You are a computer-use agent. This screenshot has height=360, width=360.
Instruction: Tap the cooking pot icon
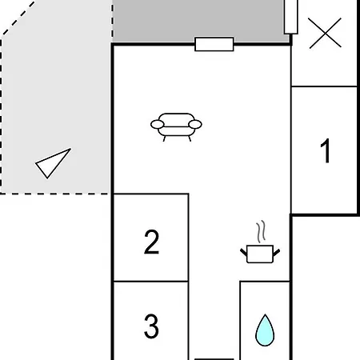(x=260, y=254)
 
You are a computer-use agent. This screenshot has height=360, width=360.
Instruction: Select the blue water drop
(x=265, y=330)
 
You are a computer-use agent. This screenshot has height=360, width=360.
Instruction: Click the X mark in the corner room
(x=325, y=33)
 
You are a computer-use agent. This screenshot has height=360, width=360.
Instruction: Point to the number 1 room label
(x=326, y=150)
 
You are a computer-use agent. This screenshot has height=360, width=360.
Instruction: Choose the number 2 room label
(x=151, y=242)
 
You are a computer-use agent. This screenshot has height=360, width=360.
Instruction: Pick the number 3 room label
(x=151, y=326)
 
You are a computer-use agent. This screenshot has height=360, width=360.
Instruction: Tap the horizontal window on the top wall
(x=214, y=44)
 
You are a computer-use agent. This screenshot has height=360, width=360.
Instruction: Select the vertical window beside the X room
(x=291, y=17)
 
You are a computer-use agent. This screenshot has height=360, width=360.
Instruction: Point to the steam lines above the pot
(x=262, y=231)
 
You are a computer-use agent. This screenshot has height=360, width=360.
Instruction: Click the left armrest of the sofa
(x=158, y=124)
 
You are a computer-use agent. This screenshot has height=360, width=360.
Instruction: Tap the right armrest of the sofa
(x=195, y=124)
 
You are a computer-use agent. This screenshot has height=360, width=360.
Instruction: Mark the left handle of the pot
(x=244, y=252)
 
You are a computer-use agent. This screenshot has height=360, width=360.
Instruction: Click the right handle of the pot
(x=277, y=253)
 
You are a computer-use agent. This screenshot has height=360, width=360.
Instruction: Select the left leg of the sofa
(x=165, y=138)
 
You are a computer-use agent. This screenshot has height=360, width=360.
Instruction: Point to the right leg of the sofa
(x=190, y=138)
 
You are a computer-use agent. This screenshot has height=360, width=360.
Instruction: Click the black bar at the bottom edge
(x=214, y=359)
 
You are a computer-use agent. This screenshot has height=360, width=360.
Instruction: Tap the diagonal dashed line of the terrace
(x=18, y=18)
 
